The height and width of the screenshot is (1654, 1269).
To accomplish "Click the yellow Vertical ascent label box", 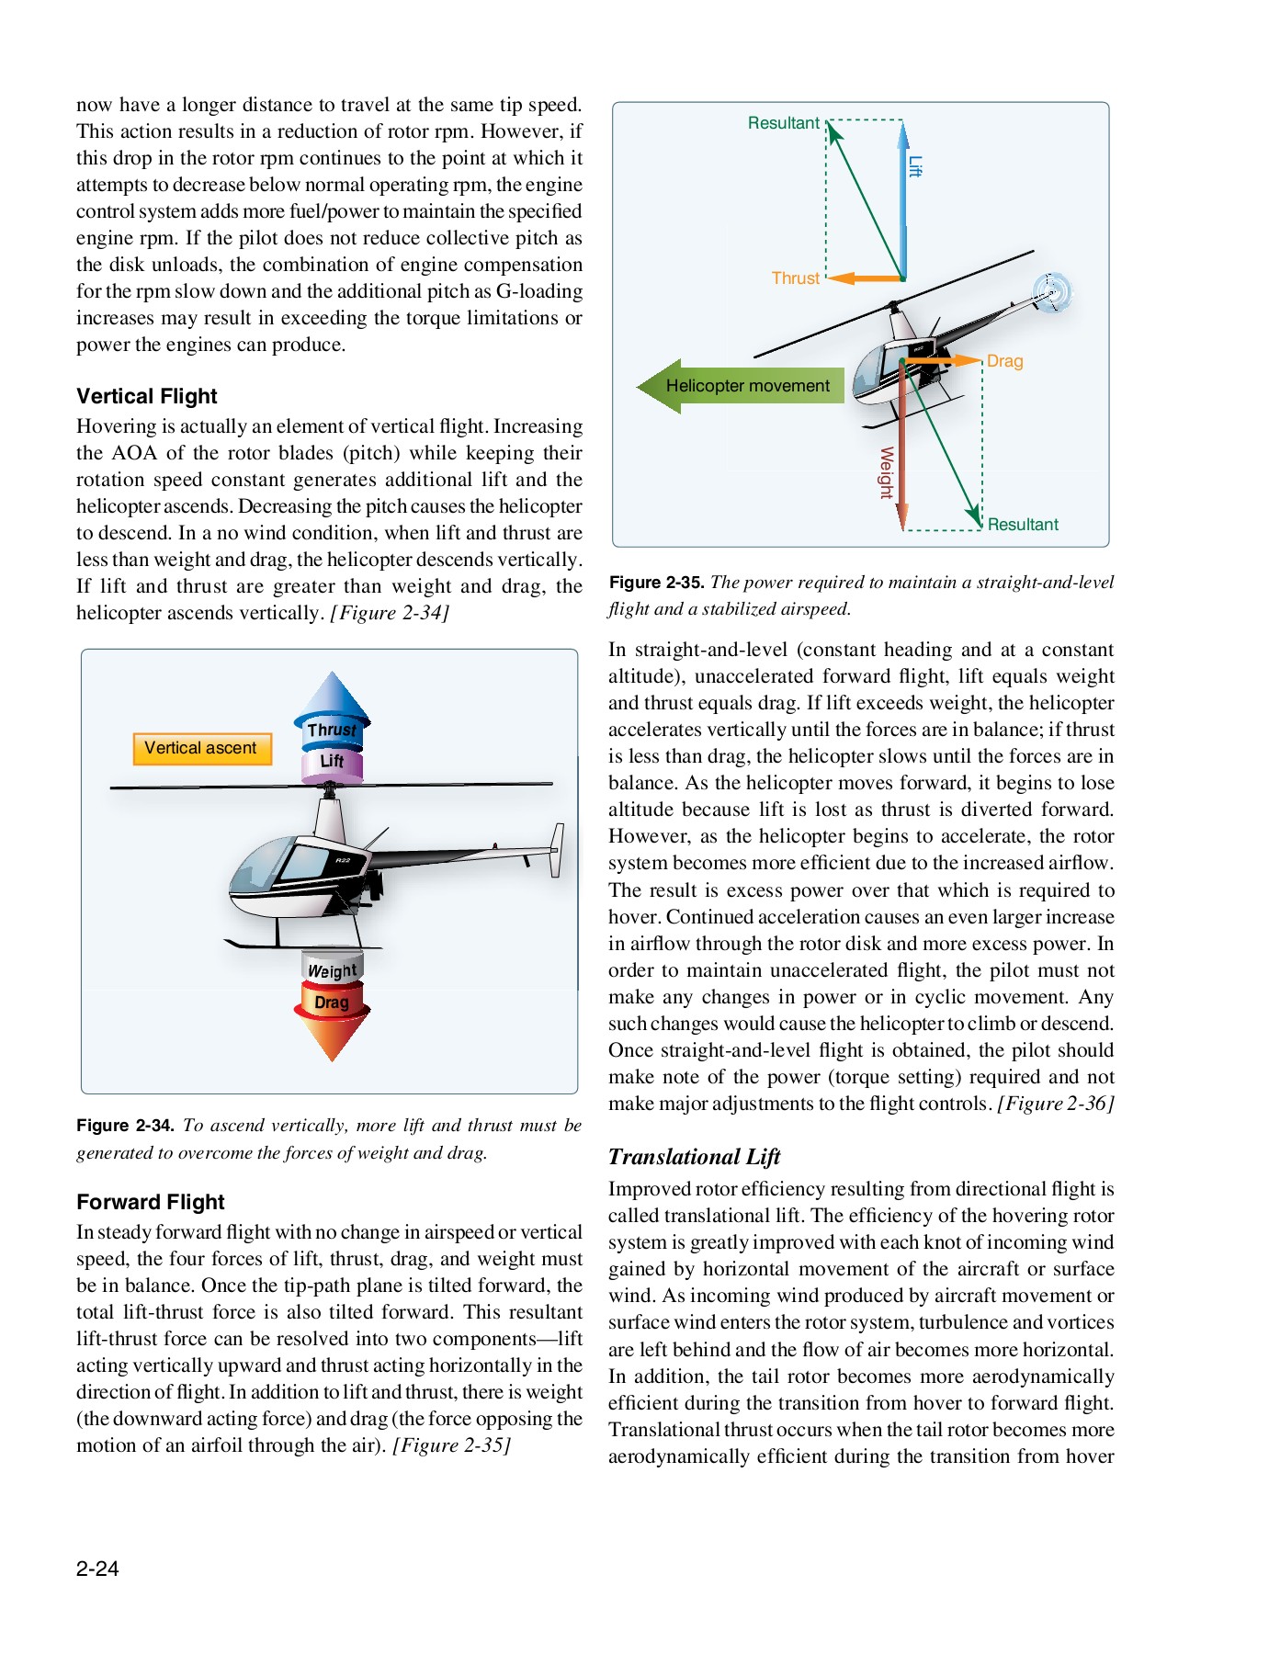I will coord(201,748).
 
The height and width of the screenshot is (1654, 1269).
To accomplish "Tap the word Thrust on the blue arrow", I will coord(332,730).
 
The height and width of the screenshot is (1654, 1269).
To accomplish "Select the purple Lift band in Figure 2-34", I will coord(332,762).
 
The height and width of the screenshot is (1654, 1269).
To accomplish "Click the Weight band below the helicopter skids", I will coord(332,970).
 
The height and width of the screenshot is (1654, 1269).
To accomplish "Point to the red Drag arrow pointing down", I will coord(332,1020).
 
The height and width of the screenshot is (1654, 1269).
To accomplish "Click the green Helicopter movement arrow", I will coord(741,386).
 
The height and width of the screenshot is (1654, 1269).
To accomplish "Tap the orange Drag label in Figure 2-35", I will coord(1004,361).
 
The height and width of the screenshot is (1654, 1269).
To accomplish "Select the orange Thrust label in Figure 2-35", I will coord(795,278).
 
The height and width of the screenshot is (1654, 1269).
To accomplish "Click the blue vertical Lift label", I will coord(914,166).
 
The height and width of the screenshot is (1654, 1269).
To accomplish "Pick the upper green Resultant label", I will coord(783,123).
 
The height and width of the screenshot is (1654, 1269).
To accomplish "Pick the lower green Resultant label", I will coord(1023,524).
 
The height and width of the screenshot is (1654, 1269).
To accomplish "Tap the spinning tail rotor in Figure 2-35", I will coord(1052,291).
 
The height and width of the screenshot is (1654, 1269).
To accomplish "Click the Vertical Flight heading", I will coord(147,396).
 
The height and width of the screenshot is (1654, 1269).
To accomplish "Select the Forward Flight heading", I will coord(151,1202).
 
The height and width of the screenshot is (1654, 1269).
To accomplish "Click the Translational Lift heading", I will coord(694,1157).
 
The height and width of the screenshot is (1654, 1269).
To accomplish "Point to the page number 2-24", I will coord(97,1569).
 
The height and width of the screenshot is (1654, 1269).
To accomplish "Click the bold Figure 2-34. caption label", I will coord(125,1126).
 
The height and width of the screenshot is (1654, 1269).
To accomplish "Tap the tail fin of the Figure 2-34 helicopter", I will coord(557,849).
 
